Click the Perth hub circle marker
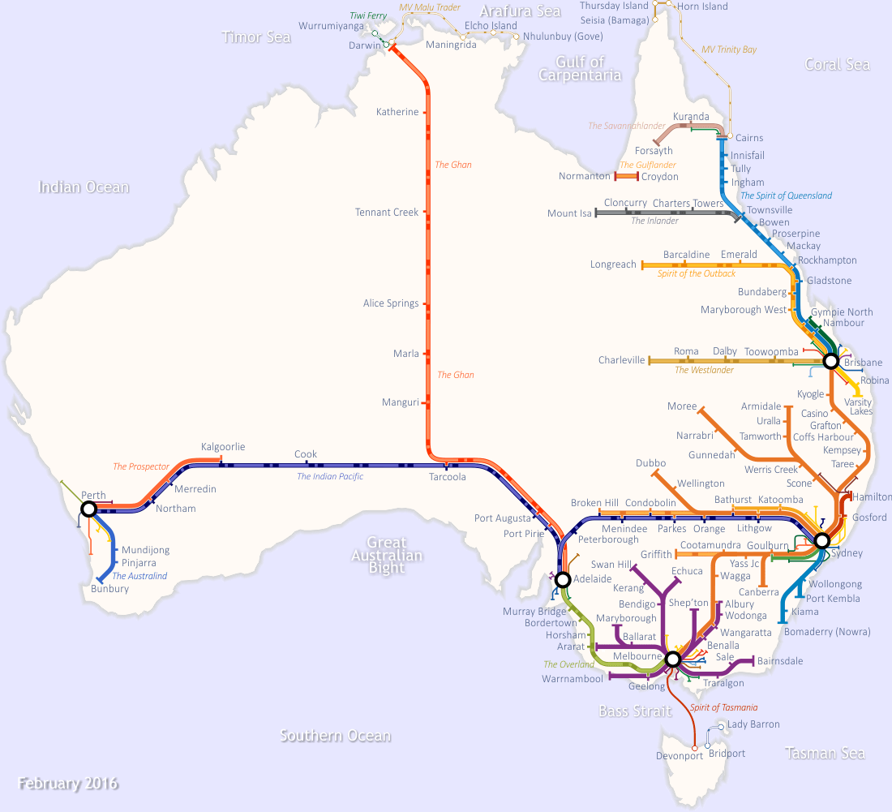pos(89,509)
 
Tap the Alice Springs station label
pos(391,303)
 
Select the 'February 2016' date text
pos(68,784)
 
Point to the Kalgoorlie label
pos(223,447)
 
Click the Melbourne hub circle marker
pos(672,659)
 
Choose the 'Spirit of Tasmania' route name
pos(723,707)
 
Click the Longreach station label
pos(613,264)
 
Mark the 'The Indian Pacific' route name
pos(329,476)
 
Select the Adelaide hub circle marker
pos(562,579)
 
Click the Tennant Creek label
pos(387,213)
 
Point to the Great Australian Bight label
pos(387,555)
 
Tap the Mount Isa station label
pos(569,213)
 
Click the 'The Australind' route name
pos(139,576)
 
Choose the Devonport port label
pos(679,756)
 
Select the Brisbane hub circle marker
pos(830,361)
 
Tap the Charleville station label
pos(621,360)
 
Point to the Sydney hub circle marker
pos(822,540)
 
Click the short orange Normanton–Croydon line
pos(627,176)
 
